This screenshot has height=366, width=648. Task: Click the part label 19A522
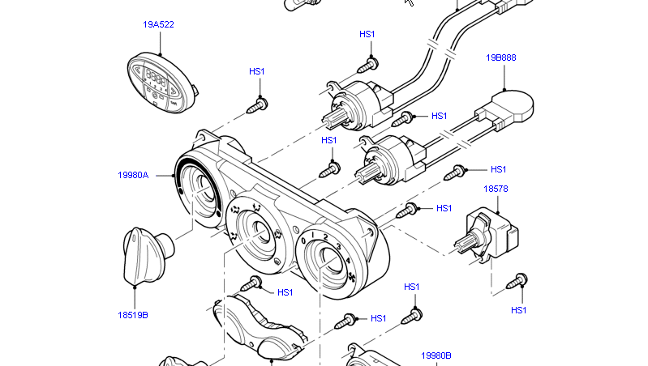[x=158, y=24]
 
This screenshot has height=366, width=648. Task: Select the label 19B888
[x=501, y=57]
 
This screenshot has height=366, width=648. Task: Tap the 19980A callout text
[x=133, y=174]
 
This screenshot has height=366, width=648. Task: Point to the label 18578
[x=496, y=189]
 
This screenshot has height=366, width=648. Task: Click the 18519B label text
[x=132, y=315]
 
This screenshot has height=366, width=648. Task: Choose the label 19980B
[x=436, y=355]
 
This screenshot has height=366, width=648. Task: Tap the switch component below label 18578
[x=490, y=231]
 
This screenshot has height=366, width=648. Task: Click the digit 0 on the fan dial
[x=303, y=240]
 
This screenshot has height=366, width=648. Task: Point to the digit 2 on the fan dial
[x=325, y=237]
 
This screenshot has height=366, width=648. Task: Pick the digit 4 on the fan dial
[x=348, y=260]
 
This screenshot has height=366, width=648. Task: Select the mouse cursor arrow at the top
[x=409, y=2]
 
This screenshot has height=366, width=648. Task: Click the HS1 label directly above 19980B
[x=411, y=287]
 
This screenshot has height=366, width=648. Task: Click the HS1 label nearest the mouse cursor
[x=367, y=34]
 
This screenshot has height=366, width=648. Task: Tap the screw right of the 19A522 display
[x=259, y=102]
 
